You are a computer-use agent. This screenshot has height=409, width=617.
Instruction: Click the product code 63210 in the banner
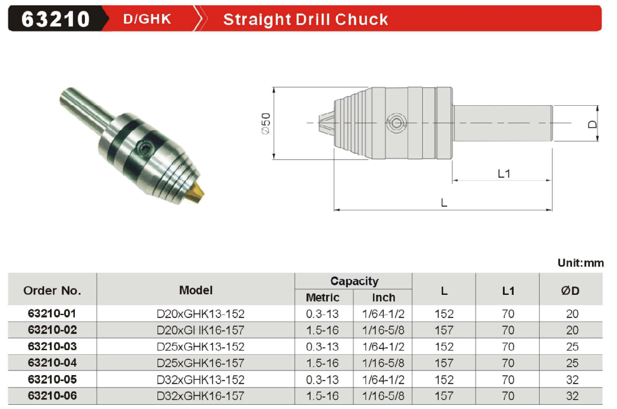point(55,19)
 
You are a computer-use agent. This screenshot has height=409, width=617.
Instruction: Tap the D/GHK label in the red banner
point(147,19)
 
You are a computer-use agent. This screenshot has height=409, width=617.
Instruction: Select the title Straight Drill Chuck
point(305,19)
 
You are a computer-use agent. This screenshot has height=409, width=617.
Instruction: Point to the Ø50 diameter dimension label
point(266,123)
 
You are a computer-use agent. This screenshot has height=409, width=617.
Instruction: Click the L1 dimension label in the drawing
point(504,174)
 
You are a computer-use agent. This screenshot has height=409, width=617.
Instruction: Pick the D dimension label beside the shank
point(592,124)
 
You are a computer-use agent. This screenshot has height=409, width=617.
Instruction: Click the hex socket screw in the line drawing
point(395,123)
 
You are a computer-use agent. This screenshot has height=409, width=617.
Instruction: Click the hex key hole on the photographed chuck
point(144,149)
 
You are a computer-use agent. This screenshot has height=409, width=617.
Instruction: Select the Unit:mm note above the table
point(580,263)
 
